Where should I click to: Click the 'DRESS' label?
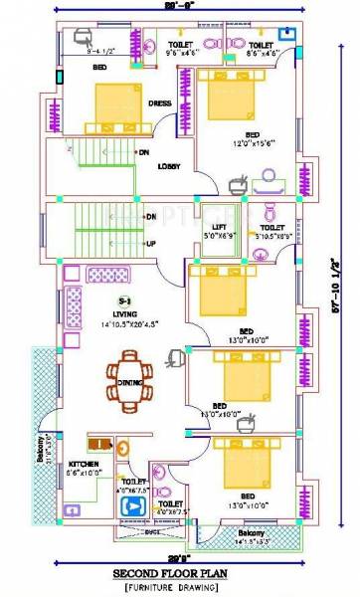click(160, 102)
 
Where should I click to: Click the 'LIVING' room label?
click(125, 313)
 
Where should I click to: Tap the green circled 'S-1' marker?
click(124, 298)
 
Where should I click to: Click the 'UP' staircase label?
click(151, 243)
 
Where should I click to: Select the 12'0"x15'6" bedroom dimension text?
click(253, 143)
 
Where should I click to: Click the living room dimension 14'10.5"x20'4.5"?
click(130, 324)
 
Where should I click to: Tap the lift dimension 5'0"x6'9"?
click(219, 237)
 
